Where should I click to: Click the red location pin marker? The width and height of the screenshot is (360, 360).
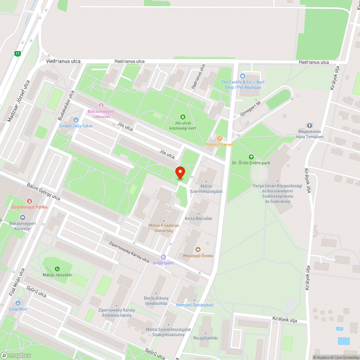pos(180,172)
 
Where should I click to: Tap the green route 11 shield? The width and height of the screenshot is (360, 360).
pos(17,54)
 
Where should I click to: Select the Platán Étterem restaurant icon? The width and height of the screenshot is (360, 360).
pos(219,139)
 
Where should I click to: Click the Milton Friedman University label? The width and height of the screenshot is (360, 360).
pos(164,228)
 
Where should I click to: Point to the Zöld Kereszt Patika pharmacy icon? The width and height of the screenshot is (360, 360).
pos(29,201)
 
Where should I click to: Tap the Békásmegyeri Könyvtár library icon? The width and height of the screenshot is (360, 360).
pos(22,217)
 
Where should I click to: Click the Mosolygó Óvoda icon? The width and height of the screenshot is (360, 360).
pos(198,249)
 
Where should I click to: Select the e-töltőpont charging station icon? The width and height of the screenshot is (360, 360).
pos(163,257)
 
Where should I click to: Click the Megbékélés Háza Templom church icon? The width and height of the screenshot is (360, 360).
pos(310,125)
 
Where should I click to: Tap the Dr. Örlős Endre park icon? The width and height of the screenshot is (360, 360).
pos(251,157)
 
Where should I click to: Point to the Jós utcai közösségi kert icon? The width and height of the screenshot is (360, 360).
pos(183,117)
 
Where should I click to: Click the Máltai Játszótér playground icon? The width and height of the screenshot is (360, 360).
pos(57,269)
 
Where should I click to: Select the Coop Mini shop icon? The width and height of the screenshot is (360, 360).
pos(18,303)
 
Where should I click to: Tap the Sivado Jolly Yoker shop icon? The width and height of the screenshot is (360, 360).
pos(76,120)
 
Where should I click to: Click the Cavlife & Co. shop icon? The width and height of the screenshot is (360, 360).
pos(242,76)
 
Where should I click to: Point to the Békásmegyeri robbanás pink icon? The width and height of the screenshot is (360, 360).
pos(101,105)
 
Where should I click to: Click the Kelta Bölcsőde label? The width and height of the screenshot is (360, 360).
pos(198,219)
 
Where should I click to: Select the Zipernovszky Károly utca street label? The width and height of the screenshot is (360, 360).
pos(129,252)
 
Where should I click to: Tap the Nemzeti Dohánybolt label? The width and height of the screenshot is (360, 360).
pos(195,305)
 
